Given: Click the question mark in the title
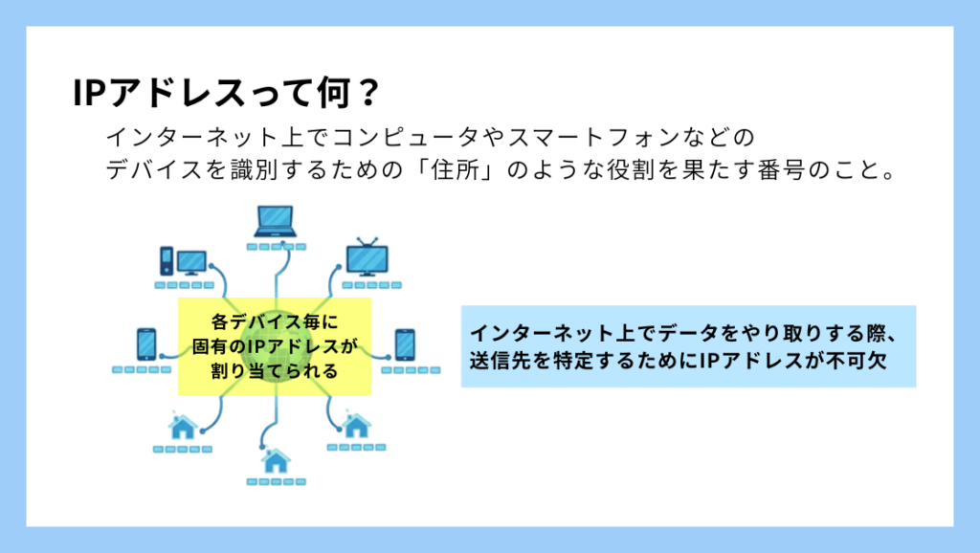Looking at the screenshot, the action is [x=367, y=93].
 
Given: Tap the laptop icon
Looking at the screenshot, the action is [x=276, y=222].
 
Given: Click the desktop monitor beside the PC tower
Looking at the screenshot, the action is [x=191, y=262].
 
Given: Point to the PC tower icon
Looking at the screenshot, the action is [x=167, y=260].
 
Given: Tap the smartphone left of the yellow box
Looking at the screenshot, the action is [x=146, y=344].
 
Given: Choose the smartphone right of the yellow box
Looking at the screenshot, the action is [x=405, y=344].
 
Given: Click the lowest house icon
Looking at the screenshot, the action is [x=276, y=461].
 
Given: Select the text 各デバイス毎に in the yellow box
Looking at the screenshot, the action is [x=275, y=321].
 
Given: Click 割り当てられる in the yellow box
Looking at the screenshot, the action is [x=275, y=370].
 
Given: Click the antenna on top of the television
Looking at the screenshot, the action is [x=367, y=242].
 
